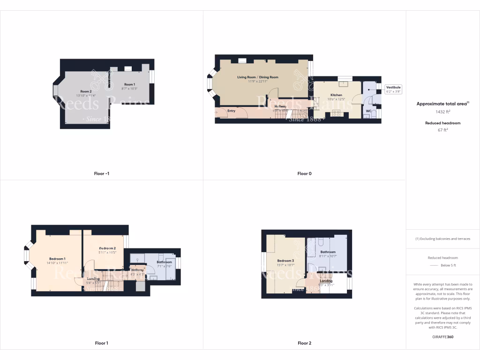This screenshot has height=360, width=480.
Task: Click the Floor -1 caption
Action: pyautogui.click(x=101, y=173)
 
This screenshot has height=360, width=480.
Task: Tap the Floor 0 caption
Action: pyautogui.click(x=304, y=173)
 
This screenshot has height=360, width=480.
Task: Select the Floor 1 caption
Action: pyautogui.click(x=101, y=343)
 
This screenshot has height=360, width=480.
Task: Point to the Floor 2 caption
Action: pyautogui.click(x=304, y=343)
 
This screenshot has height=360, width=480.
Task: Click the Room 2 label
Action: pyautogui.click(x=85, y=91)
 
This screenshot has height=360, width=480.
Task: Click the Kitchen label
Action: pyautogui.click(x=336, y=95)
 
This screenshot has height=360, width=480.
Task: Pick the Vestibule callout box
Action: pyautogui.click(x=393, y=89)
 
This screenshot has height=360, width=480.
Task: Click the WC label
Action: pyautogui.click(x=368, y=111)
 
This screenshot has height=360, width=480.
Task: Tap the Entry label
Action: pyautogui.click(x=231, y=111)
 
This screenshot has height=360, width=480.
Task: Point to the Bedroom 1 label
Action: pyautogui.click(x=57, y=259)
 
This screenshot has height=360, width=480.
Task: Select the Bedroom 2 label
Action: pyautogui.click(x=107, y=248)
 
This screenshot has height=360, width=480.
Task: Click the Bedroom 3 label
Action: pyautogui.click(x=285, y=261)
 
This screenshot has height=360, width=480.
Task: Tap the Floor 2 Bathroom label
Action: pyautogui.click(x=328, y=252)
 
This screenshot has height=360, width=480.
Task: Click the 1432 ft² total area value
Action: pyautogui.click(x=443, y=112)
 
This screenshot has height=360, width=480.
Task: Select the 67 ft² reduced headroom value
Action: pyautogui.click(x=443, y=130)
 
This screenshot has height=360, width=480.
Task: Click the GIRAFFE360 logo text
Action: pyautogui.click(x=443, y=337)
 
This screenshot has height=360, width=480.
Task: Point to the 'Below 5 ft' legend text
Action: pyautogui.click(x=449, y=265)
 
